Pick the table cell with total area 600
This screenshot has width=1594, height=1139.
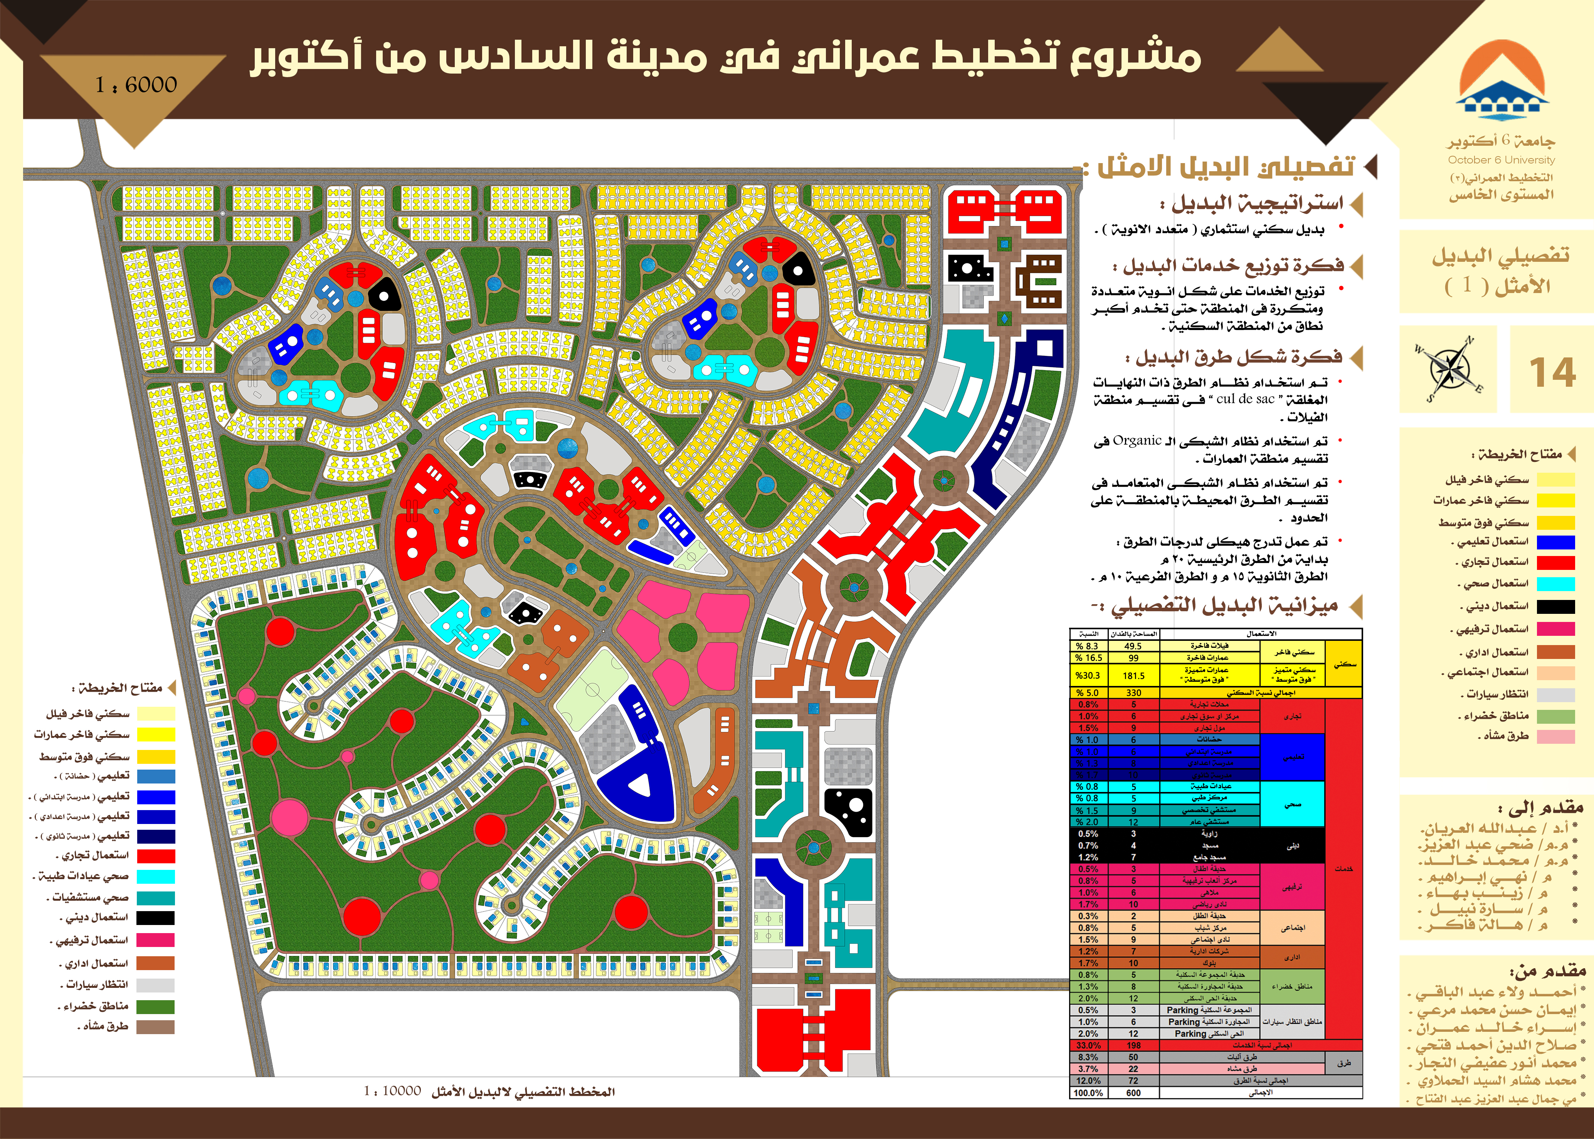point(1133,1093)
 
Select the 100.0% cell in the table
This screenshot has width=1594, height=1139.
point(1088,1093)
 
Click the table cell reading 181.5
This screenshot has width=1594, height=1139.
point(1133,676)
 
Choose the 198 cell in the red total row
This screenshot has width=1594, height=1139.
point(1133,1045)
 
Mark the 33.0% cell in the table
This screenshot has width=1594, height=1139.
point(1088,1045)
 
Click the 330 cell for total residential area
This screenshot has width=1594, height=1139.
point(1133,693)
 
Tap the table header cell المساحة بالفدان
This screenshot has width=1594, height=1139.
point(1133,634)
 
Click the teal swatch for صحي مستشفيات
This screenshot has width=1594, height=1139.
point(156,898)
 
